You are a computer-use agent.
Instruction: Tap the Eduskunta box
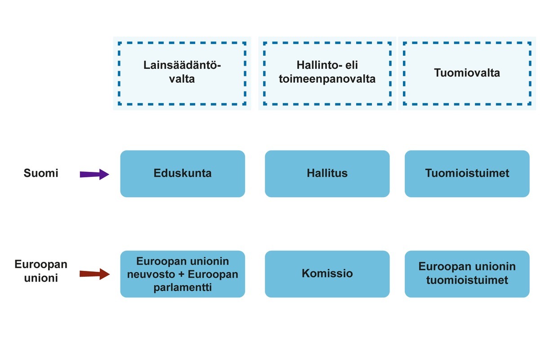point(183,174)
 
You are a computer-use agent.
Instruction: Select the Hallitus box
point(327,174)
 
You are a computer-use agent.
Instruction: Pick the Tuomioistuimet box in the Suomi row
point(467,174)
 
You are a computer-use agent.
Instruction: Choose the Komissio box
point(327,274)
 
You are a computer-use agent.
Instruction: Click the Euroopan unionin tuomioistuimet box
point(467,274)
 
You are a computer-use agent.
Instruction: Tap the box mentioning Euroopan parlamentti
point(183,274)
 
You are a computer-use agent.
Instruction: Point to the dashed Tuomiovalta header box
point(467,73)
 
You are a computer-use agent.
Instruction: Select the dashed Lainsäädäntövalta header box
point(182,73)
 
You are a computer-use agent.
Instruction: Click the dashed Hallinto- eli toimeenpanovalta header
point(327,73)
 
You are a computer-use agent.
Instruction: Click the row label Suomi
point(41,173)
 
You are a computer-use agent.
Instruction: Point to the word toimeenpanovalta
point(327,79)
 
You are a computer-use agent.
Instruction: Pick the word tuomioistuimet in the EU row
point(467,280)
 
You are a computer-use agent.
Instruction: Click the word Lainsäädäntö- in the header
point(182,66)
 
